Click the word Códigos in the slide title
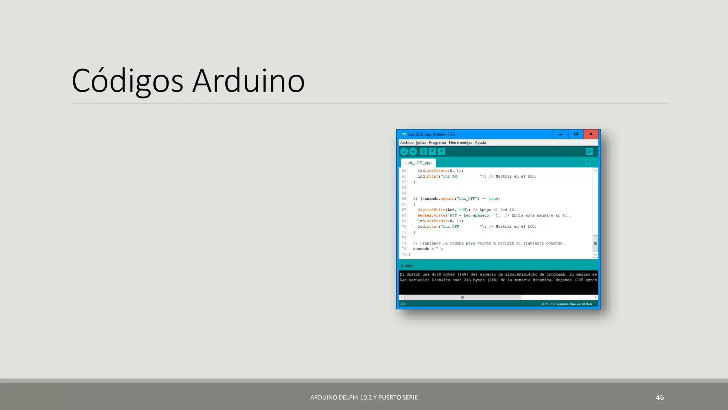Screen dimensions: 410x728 pyautogui.click(x=127, y=81)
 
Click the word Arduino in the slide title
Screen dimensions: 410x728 pyautogui.click(x=248, y=81)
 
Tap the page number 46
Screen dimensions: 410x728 pyautogui.click(x=660, y=397)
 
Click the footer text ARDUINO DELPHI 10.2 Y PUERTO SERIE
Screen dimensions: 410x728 pyautogui.click(x=364, y=397)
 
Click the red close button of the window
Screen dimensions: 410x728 pyautogui.click(x=591, y=134)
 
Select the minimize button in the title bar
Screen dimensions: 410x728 pyautogui.click(x=561, y=134)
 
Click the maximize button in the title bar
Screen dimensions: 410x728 pyautogui.click(x=576, y=134)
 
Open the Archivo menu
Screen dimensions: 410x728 pyautogui.click(x=407, y=142)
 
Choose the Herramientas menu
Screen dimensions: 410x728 pyautogui.click(x=460, y=142)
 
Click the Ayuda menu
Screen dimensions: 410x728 pyautogui.click(x=480, y=142)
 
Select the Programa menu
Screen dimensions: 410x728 pyautogui.click(x=437, y=142)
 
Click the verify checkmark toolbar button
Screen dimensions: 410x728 pyautogui.click(x=404, y=152)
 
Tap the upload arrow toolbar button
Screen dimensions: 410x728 pyautogui.click(x=413, y=152)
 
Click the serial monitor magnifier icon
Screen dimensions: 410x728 pyautogui.click(x=589, y=152)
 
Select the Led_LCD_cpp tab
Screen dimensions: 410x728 pyautogui.click(x=418, y=163)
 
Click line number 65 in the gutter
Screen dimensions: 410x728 pyautogui.click(x=404, y=199)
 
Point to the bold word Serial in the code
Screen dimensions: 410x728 pyautogui.click(x=424, y=215)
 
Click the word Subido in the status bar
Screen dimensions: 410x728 pyautogui.click(x=407, y=266)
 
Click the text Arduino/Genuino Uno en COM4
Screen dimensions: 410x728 pyautogui.click(x=567, y=304)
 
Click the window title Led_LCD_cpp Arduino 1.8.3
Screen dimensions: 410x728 pyautogui.click(x=432, y=134)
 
